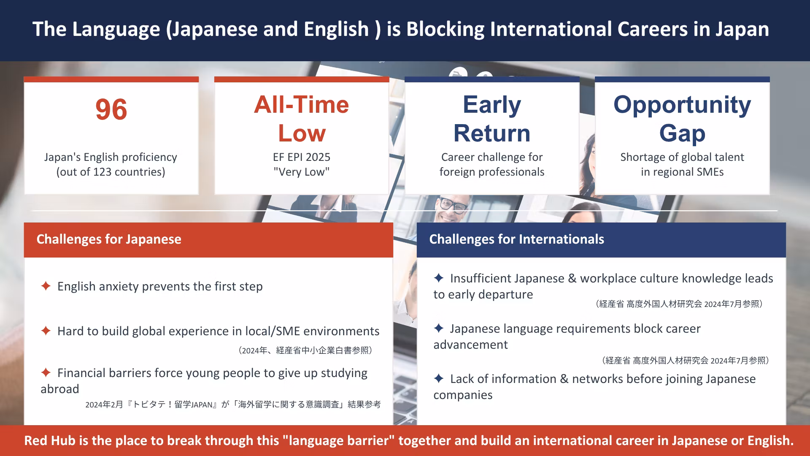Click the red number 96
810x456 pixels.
point(111,110)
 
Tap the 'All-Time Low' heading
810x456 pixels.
point(302,119)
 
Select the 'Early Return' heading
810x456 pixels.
point(492,119)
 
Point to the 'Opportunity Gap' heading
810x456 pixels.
point(682,119)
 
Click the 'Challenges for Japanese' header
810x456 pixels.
point(109,239)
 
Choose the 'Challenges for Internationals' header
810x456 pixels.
point(517,239)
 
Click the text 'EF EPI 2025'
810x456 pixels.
point(302,157)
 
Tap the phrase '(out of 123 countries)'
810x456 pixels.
point(111,172)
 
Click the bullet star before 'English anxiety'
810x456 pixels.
point(46,286)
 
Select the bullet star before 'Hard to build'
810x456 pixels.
point(46,331)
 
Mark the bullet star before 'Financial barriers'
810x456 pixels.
point(46,372)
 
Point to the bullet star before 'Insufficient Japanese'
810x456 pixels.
point(439,278)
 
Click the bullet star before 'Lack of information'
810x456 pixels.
point(439,378)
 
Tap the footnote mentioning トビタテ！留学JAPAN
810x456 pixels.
point(233,404)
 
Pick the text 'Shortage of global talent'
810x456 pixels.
point(682,157)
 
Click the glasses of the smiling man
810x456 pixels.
point(454,205)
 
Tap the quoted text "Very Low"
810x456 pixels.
point(302,172)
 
